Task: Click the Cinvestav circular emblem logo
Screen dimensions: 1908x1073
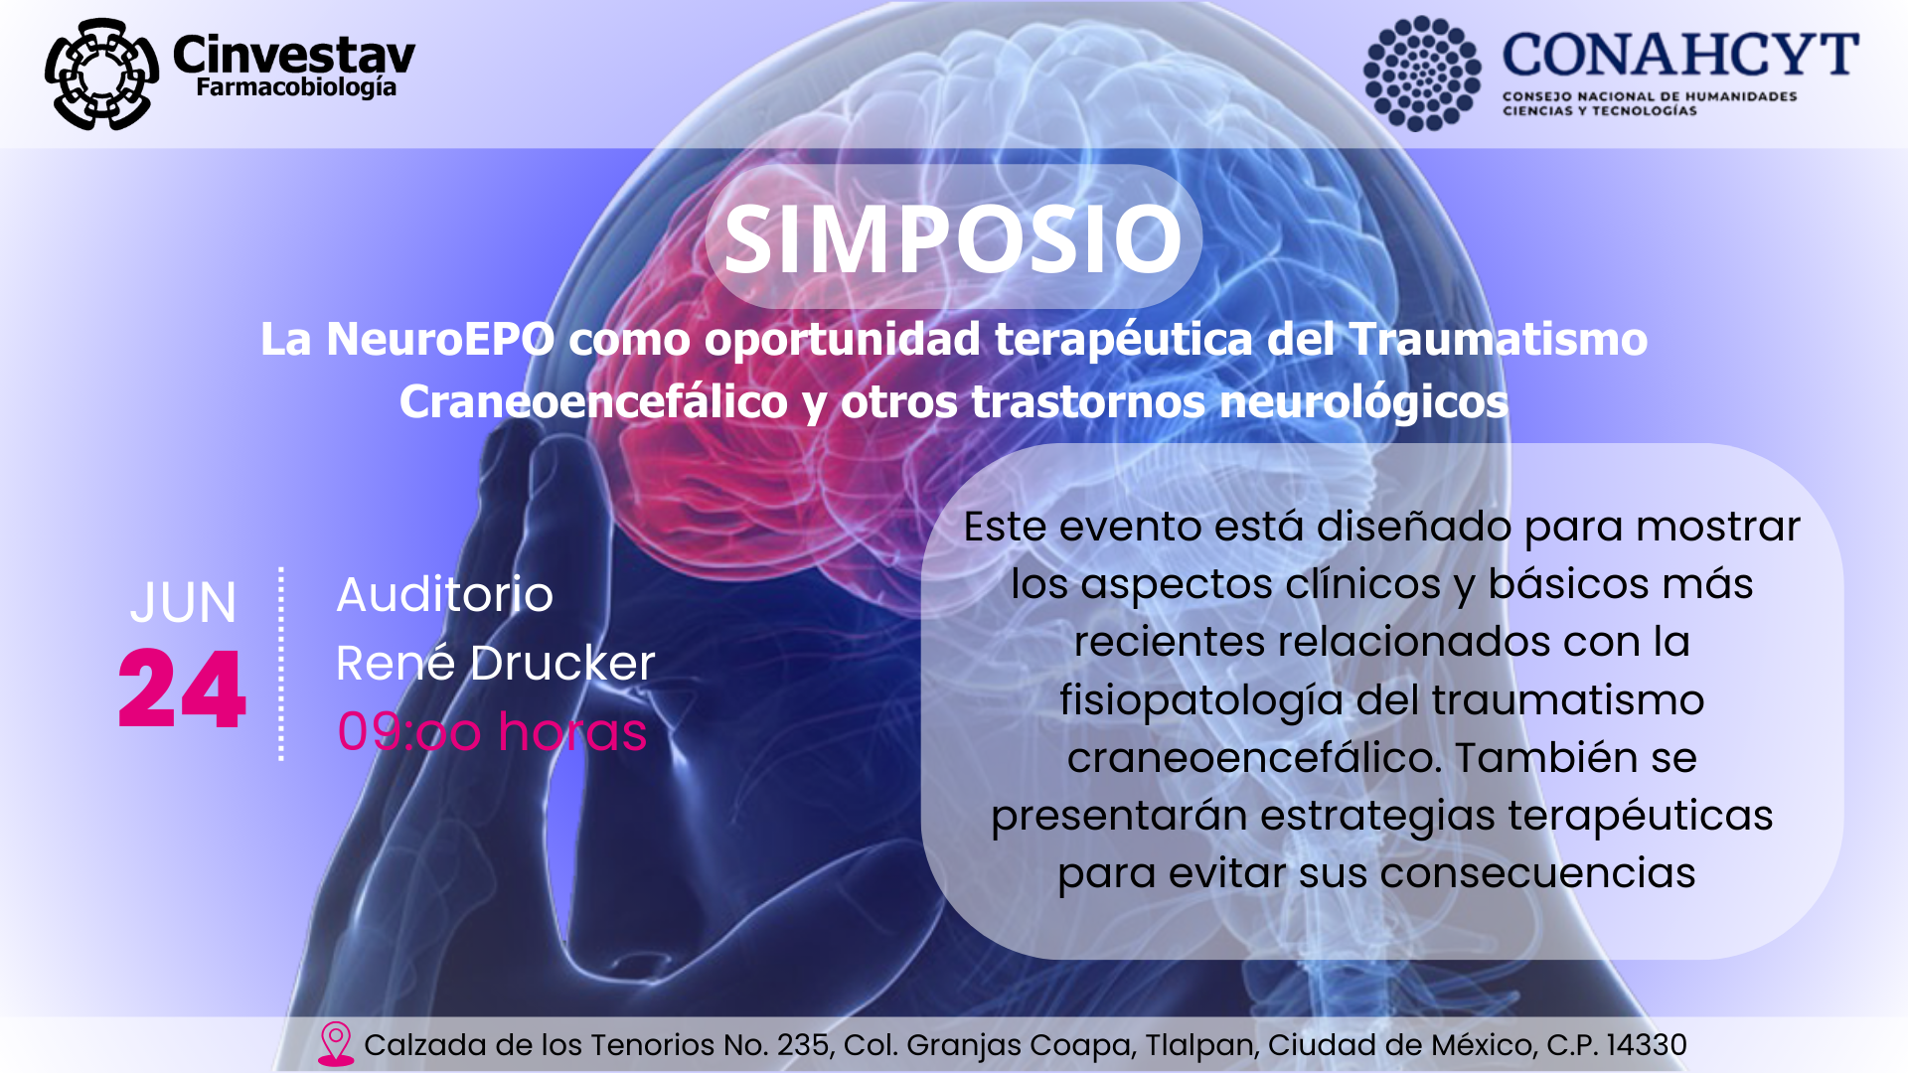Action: [101, 75]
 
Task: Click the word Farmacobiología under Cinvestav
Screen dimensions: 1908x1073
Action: [296, 88]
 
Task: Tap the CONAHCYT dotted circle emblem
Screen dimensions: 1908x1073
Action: [1422, 74]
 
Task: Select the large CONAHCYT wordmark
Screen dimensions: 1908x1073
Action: [1680, 55]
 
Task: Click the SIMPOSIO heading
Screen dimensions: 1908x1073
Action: [953, 239]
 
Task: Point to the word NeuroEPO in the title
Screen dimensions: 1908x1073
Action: [440, 339]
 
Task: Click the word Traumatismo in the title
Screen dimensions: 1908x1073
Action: [1499, 339]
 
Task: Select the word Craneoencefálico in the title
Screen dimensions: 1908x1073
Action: [593, 401]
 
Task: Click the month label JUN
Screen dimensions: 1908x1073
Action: [184, 602]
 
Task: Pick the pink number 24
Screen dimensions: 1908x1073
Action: [182, 689]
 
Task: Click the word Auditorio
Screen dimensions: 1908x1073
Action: [444, 595]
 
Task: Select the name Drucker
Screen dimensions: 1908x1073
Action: [562, 663]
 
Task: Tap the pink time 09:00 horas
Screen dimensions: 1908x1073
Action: [492, 732]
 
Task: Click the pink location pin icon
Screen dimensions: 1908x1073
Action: [336, 1044]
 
